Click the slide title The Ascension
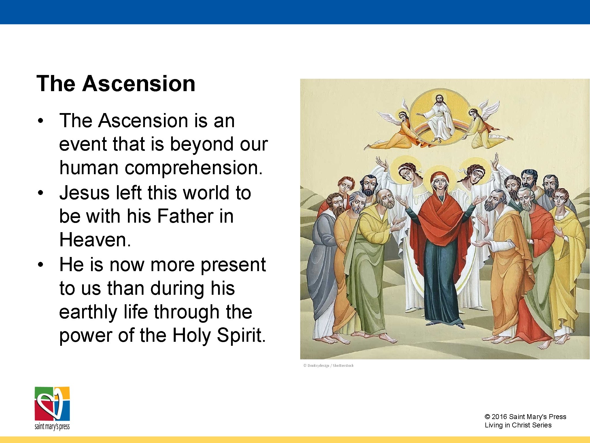pos(116,84)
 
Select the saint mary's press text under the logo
pos(52,426)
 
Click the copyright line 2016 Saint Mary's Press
pos(525,417)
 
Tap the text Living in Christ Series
pos(518,425)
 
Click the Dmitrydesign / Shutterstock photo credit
pos(328,366)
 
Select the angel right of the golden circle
pos(481,127)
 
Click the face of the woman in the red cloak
pos(439,184)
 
